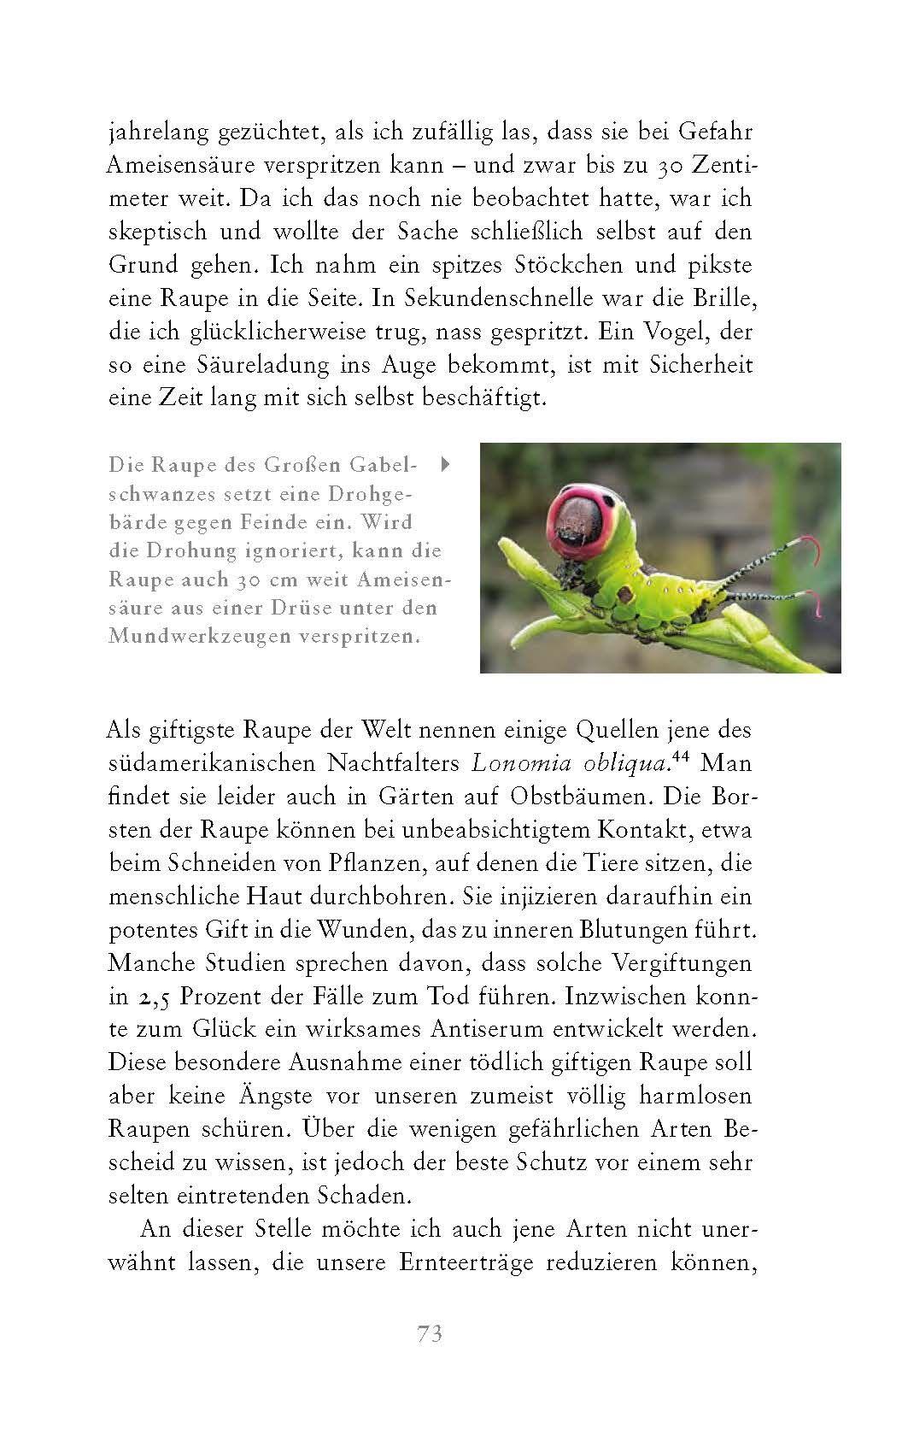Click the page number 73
coord(430,1334)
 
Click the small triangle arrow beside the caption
coord(444,466)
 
